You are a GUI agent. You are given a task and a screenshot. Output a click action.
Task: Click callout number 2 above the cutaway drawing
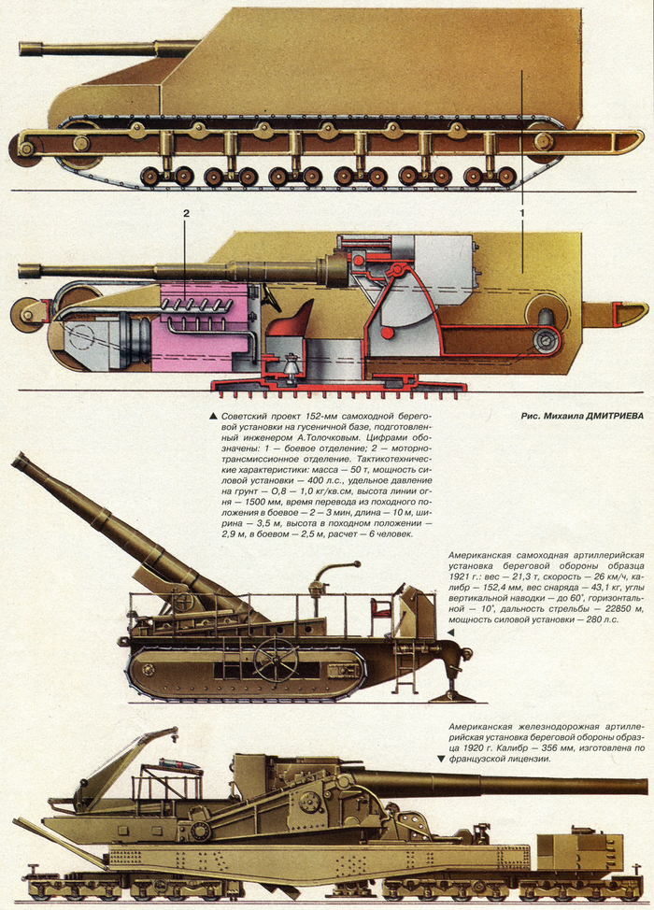point(186,215)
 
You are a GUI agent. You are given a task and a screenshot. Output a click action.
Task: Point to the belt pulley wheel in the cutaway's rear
point(547,343)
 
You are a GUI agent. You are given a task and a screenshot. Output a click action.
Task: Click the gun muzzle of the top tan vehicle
point(24,48)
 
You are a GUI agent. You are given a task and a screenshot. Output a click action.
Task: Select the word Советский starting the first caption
point(249,415)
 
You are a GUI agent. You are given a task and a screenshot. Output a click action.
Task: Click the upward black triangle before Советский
point(215,415)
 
